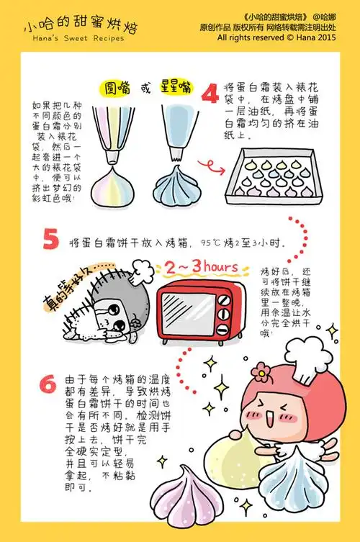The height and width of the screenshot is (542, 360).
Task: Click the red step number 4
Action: [x=210, y=95]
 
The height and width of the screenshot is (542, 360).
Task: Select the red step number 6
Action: [x=48, y=384]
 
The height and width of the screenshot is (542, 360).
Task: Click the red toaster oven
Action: [x=197, y=304]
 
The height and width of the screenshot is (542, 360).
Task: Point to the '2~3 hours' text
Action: [x=201, y=268]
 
